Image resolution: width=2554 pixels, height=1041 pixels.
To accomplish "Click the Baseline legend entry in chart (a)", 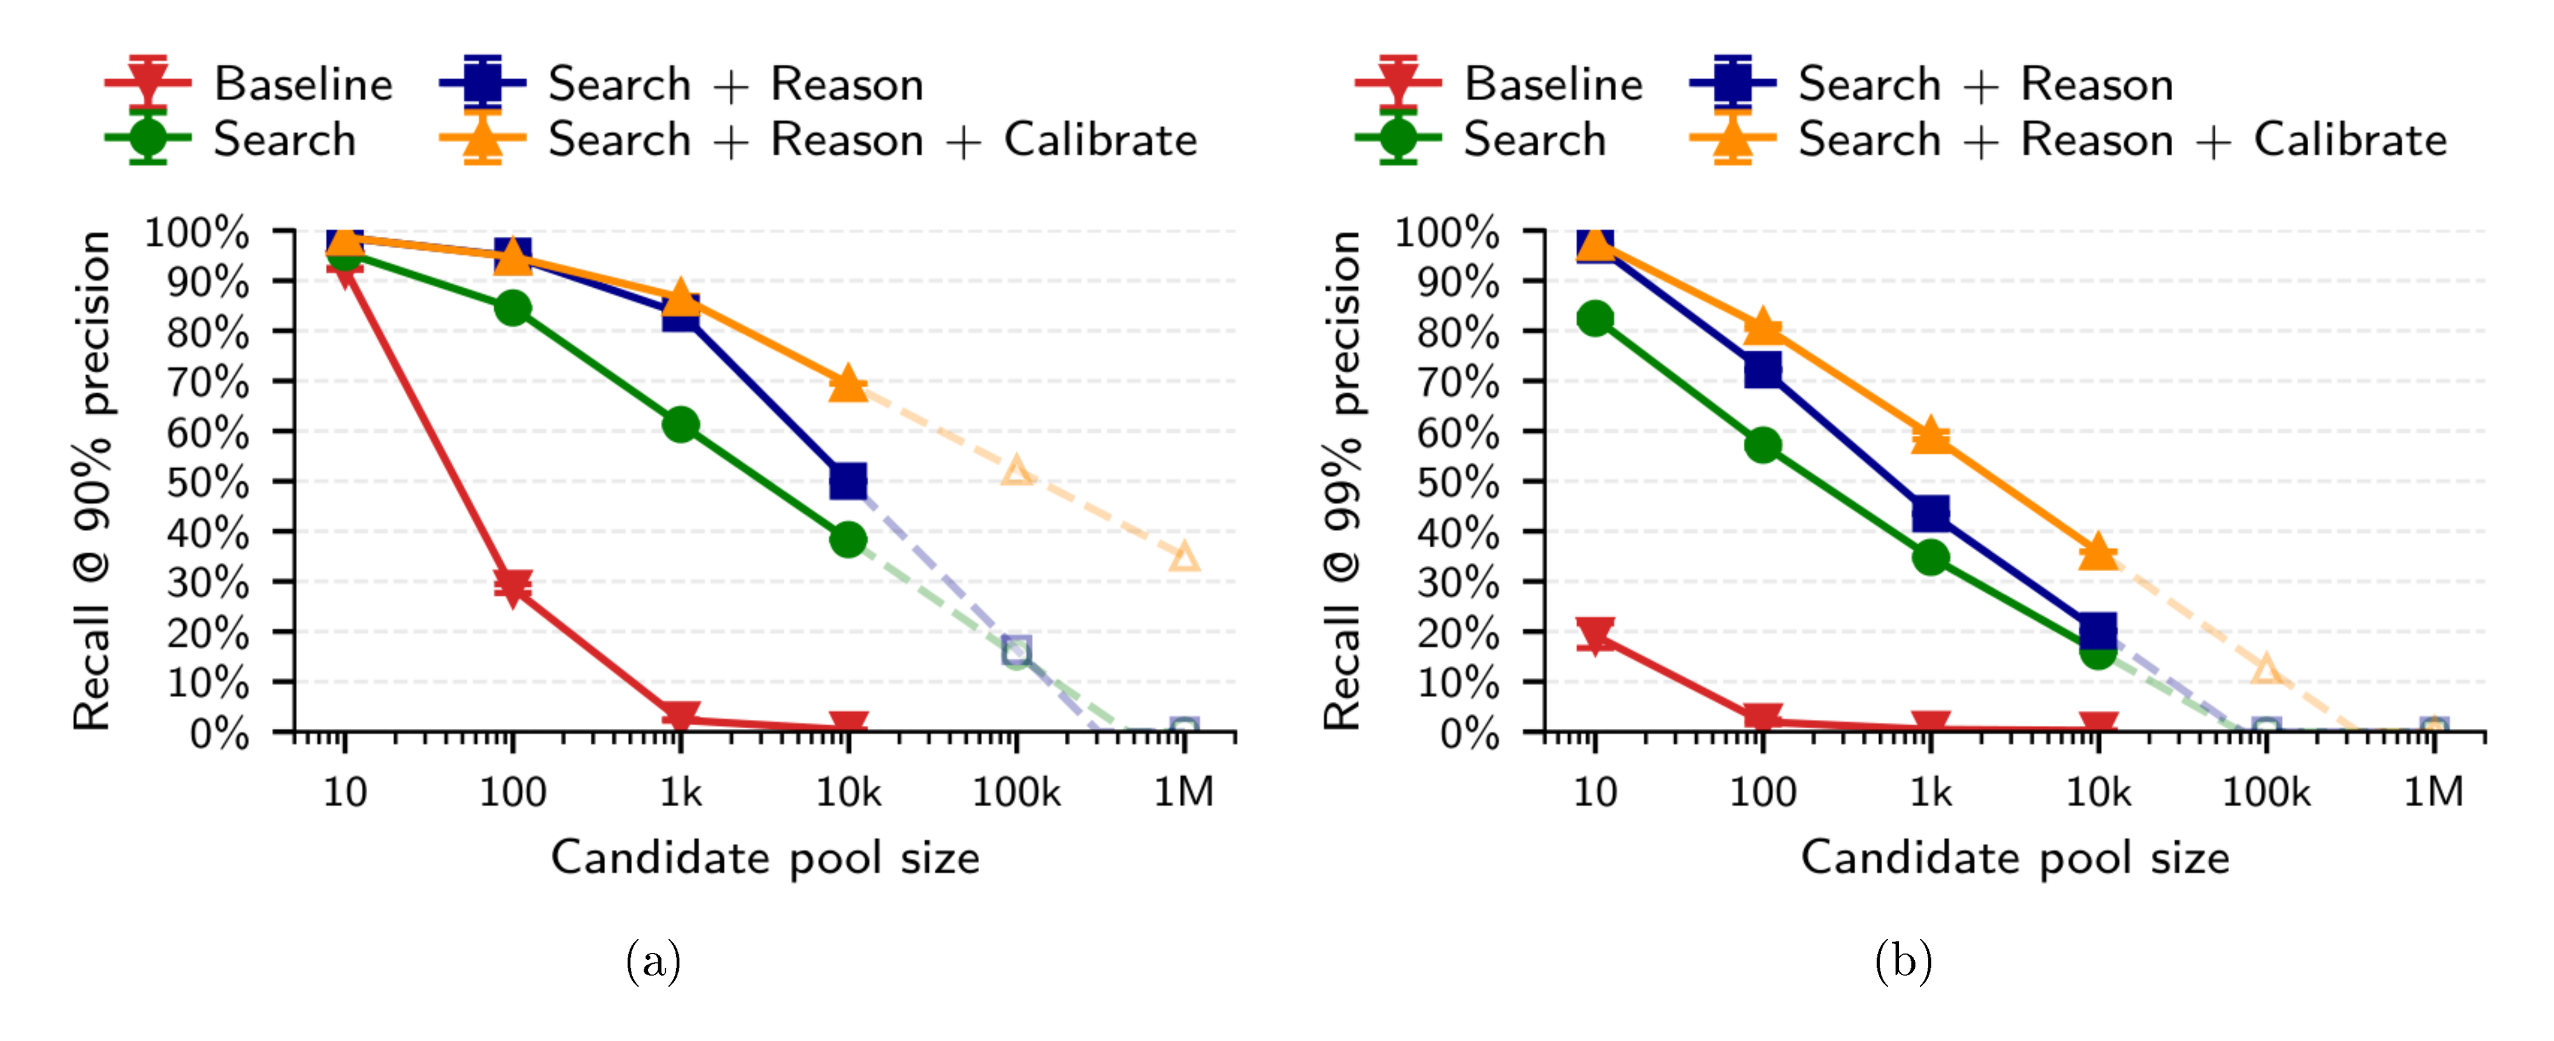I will click(x=303, y=84).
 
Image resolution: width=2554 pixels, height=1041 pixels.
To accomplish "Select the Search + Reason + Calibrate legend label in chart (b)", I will click(x=2122, y=140).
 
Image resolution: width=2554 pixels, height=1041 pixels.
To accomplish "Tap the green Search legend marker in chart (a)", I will click(x=147, y=139).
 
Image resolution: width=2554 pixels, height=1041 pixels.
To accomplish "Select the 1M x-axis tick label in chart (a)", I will click(x=1184, y=792).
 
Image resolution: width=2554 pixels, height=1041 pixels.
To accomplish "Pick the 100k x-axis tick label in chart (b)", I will click(x=2265, y=792).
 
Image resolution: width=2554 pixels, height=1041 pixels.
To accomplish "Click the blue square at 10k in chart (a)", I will click(x=848, y=482).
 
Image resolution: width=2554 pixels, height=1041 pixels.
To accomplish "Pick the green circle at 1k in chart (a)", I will click(x=680, y=425).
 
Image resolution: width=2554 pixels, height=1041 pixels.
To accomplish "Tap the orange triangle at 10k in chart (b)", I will click(x=2098, y=552).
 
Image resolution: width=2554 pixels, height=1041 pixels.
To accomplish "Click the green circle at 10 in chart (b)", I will click(x=1594, y=318).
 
